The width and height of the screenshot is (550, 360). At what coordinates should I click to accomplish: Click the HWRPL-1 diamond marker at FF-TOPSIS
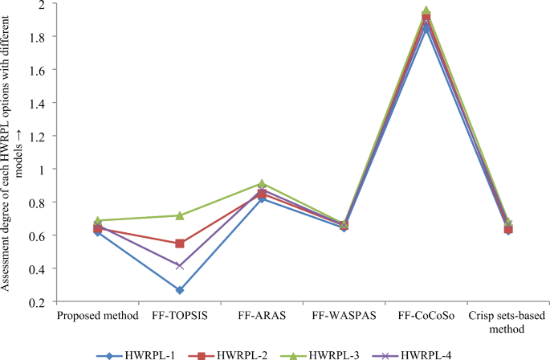coord(180,290)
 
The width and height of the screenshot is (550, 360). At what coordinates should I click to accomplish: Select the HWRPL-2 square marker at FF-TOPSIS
coord(180,243)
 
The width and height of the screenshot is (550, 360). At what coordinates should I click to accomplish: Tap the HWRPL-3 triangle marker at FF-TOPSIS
coord(180,215)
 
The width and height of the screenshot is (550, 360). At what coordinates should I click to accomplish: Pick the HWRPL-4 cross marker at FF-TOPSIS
coord(180,265)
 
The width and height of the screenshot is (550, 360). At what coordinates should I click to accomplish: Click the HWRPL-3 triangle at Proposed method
coord(98,220)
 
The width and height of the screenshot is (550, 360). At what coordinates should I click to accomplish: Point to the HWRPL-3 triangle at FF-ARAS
coord(262,184)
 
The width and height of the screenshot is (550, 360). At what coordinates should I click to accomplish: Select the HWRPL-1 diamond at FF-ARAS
coord(262,198)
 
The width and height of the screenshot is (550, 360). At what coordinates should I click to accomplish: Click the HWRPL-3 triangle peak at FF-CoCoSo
coord(426,10)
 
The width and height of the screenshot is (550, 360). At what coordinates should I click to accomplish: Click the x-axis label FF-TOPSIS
coord(180,316)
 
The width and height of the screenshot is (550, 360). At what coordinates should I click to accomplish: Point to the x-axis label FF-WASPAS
coord(344,316)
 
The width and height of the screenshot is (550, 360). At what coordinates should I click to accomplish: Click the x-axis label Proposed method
coord(98,316)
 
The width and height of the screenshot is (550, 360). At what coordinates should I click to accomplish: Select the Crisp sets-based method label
coord(508,321)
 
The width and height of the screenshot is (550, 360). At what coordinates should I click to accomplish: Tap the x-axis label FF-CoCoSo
coord(426,316)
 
